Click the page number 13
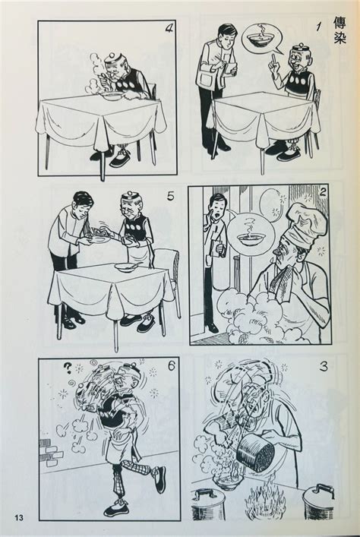click(x=19, y=517)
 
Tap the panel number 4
click(x=169, y=28)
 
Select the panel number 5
click(x=171, y=197)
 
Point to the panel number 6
click(x=171, y=365)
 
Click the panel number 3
click(x=324, y=366)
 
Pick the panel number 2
click(x=322, y=193)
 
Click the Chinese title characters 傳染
click(x=339, y=30)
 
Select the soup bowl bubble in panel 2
click(x=252, y=235)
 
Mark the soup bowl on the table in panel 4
click(x=112, y=96)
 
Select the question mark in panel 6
click(x=68, y=368)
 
